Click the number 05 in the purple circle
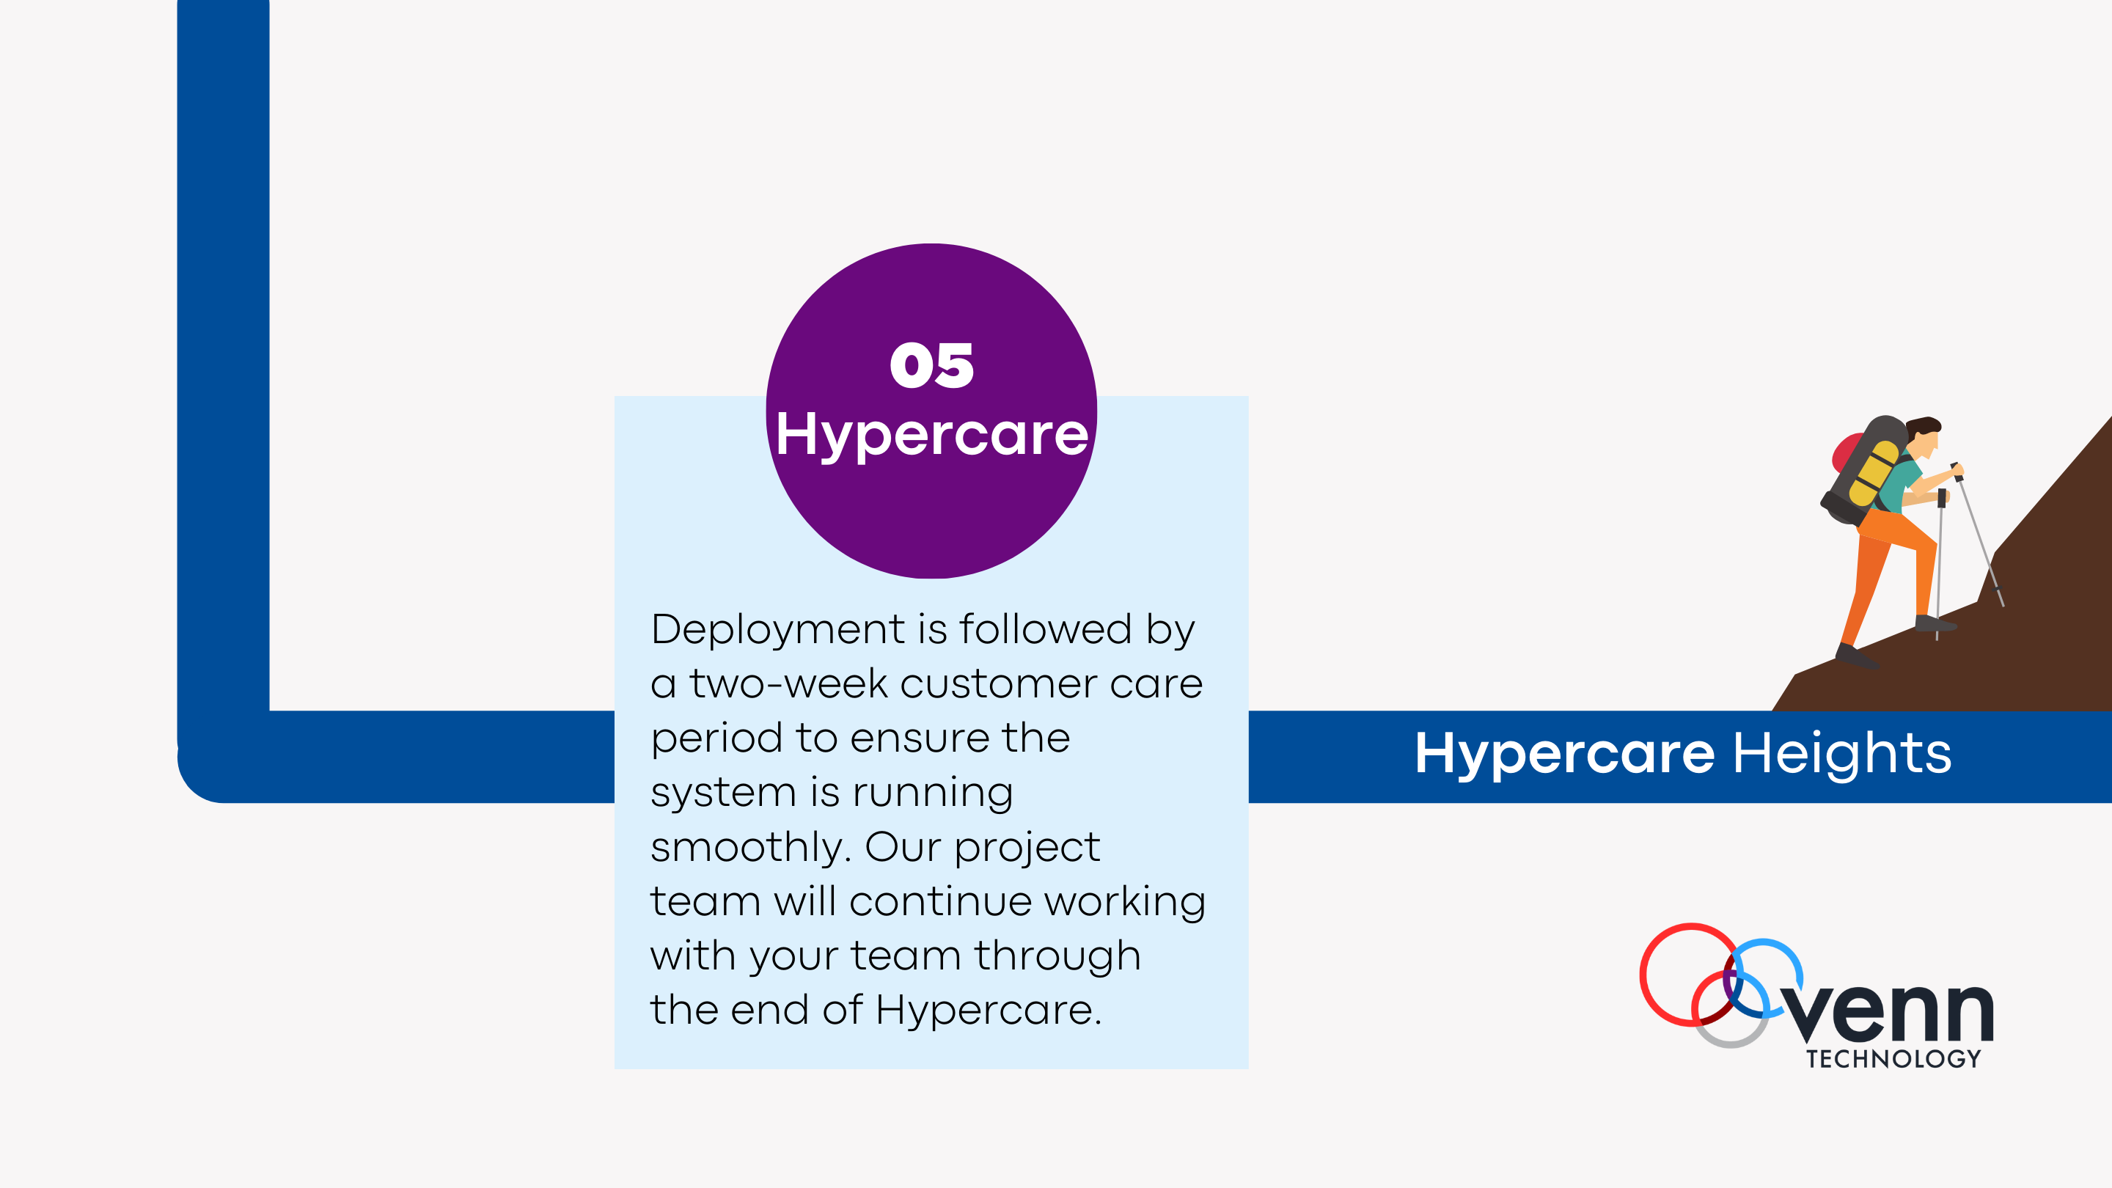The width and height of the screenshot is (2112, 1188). [931, 366]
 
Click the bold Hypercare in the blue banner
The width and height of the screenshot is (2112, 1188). [1564, 753]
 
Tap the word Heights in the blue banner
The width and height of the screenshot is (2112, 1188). [1841, 753]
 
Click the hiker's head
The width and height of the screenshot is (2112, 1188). [1924, 435]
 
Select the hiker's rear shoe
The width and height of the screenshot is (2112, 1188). [1855, 656]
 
